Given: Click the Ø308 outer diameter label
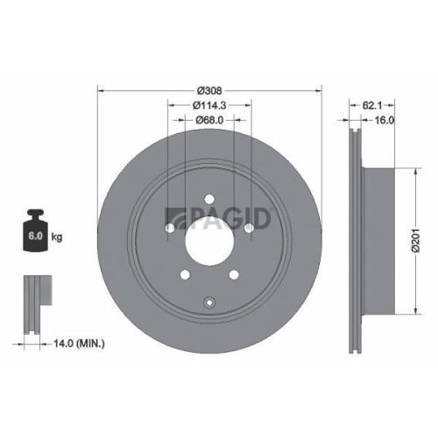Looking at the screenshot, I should pyautogui.click(x=209, y=91).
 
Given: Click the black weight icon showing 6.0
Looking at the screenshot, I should pyautogui.click(x=35, y=233).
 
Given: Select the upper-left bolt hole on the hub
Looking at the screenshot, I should pyautogui.click(x=169, y=230).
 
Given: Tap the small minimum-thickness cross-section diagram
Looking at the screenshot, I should pyautogui.click(x=35, y=302).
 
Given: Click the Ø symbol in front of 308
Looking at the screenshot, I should pyautogui.click(x=200, y=91).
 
